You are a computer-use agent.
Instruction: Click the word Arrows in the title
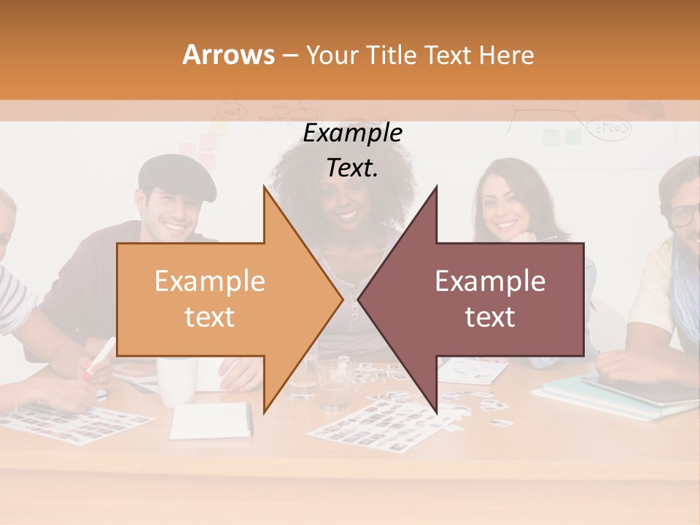pyautogui.click(x=228, y=55)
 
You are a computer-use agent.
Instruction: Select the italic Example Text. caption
pyautogui.click(x=353, y=150)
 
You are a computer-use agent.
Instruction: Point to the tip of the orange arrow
pyautogui.click(x=341, y=299)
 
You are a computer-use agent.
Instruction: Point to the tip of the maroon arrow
pyautogui.click(x=359, y=299)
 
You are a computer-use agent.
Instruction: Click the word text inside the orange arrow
pyautogui.click(x=209, y=317)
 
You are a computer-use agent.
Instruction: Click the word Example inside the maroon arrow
pyautogui.click(x=490, y=281)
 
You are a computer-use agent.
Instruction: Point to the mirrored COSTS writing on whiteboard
pyautogui.click(x=610, y=129)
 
